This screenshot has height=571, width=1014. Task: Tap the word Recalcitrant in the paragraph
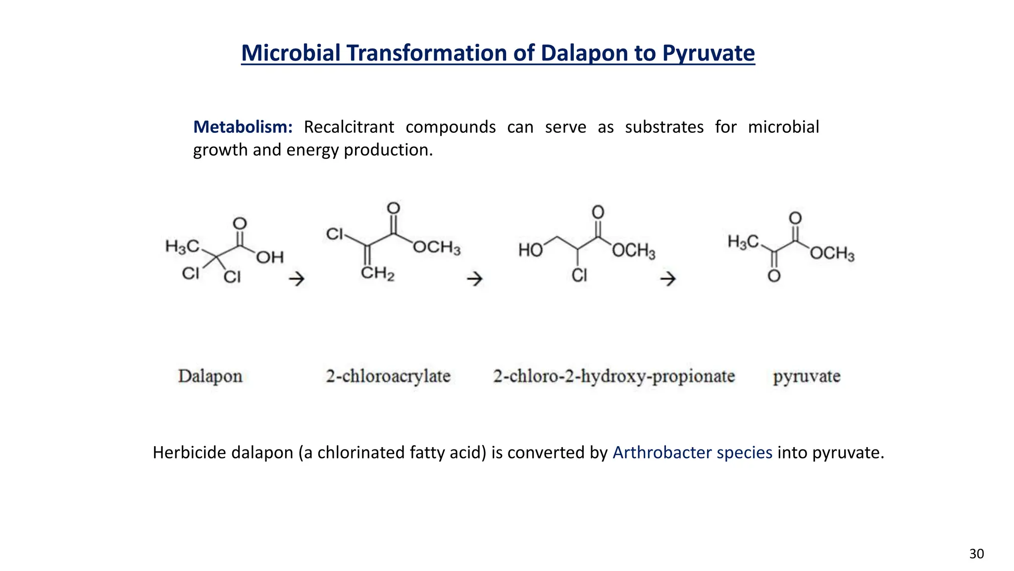coord(349,127)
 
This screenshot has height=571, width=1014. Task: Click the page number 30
coord(976,554)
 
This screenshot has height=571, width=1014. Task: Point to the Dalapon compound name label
coord(210,376)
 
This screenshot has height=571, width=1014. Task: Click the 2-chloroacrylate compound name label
coord(388,376)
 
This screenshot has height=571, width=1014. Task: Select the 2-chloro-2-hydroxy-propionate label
coord(614,376)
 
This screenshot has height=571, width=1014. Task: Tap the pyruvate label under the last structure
coord(807,376)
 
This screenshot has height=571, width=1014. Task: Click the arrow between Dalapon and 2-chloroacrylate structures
coord(297,279)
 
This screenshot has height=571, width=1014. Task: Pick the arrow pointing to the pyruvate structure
coord(668,279)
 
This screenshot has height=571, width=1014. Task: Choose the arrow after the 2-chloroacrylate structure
coord(475,279)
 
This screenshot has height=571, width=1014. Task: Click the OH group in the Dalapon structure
coord(270,257)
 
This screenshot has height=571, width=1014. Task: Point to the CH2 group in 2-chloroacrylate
coord(377,273)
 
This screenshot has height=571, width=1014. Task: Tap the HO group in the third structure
coord(530,250)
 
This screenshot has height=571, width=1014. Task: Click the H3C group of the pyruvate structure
coord(743,242)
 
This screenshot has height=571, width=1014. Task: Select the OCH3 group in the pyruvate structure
coord(832,254)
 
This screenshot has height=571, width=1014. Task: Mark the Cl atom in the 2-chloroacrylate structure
coord(335,234)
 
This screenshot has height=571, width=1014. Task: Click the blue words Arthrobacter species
coord(692,453)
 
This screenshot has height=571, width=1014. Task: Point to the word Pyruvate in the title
coord(709,54)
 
